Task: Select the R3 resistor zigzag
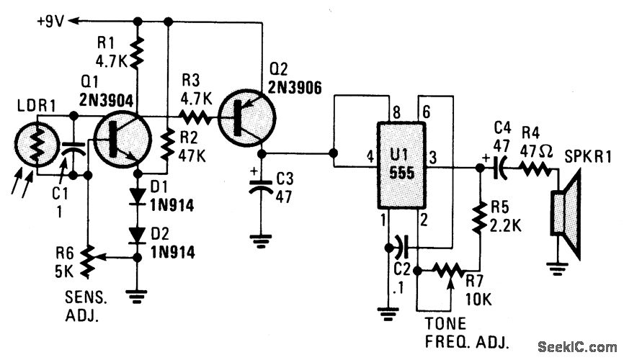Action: pos(194,116)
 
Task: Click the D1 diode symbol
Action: pos(138,195)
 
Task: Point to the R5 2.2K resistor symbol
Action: pos(479,215)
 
